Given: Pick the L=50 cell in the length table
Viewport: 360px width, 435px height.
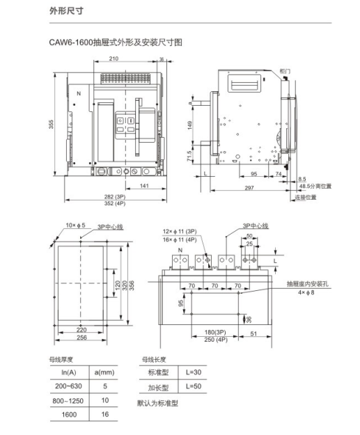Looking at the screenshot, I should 194,386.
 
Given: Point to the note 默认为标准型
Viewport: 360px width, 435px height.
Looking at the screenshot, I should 158,404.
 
